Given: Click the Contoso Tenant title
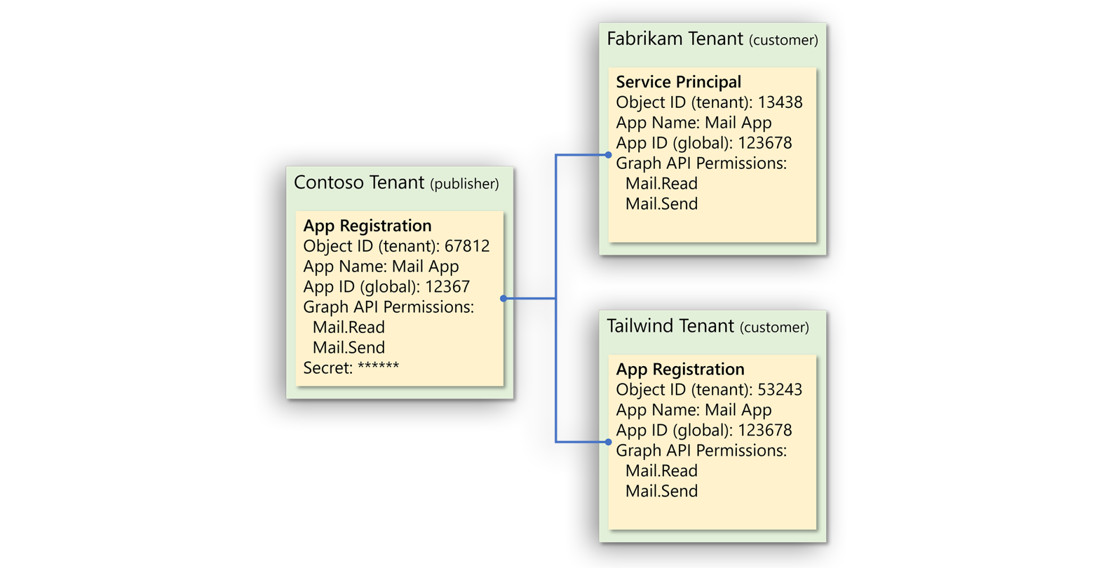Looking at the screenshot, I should [359, 183].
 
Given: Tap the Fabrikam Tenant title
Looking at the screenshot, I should [674, 39].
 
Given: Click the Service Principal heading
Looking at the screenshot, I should [678, 82].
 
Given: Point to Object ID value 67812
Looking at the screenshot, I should [467, 246].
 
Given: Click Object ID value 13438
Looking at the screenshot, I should [780, 102].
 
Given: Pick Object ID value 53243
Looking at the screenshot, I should [780, 389].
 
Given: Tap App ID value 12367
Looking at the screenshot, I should [447, 287].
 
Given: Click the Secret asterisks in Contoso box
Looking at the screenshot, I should [378, 367].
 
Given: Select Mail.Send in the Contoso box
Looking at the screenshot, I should [348, 348].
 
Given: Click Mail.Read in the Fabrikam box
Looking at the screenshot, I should [661, 183].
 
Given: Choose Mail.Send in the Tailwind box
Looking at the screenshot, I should [661, 491].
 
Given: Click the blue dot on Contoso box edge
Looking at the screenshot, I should [503, 298].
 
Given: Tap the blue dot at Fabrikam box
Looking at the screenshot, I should [608, 155].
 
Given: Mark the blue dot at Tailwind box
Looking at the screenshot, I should [608, 442].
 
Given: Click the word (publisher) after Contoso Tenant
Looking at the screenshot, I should [464, 184].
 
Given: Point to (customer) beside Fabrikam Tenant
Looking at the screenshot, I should [783, 40].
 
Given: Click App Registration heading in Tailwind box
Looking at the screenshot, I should [679, 369].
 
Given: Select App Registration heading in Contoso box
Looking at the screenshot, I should [367, 226].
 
